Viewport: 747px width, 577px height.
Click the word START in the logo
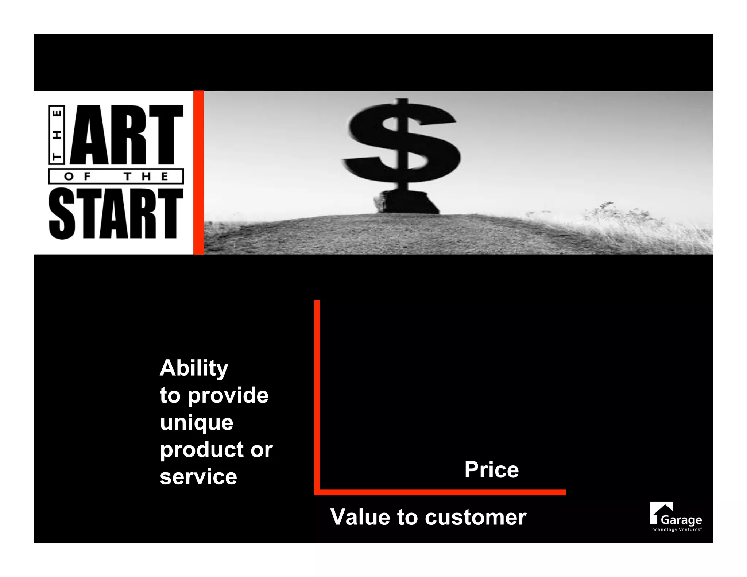pos(116,214)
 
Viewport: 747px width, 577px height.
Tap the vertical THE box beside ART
pos(57,135)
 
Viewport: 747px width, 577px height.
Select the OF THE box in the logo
pos(116,177)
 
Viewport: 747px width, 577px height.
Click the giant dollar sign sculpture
pos(401,142)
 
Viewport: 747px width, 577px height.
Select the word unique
pos(196,422)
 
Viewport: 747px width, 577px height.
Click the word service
pos(198,477)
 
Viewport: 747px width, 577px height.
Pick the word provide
pos(228,395)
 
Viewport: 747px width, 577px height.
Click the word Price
pos(491,469)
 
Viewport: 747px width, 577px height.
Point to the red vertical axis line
pos(317,394)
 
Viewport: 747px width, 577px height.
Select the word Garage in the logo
pos(681,520)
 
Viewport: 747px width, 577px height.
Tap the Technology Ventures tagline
pos(675,530)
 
